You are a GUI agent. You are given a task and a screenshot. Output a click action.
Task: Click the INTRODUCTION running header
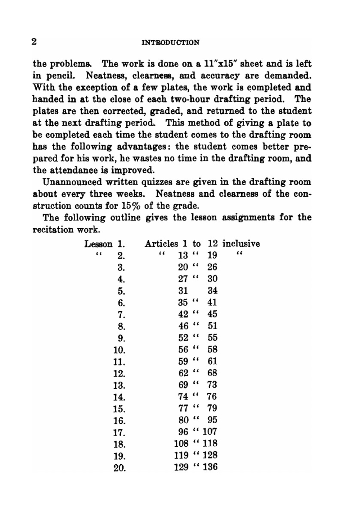tap(171, 42)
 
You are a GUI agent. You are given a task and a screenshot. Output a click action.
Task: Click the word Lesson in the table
tap(98, 244)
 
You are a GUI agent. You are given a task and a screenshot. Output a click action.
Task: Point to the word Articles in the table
tap(161, 244)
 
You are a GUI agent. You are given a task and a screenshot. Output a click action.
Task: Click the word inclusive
tap(241, 244)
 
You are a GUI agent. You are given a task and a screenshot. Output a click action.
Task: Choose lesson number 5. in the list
tap(121, 291)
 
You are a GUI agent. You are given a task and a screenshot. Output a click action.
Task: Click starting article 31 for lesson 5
tap(183, 291)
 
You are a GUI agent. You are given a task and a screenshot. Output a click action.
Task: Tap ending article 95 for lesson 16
tap(212, 420)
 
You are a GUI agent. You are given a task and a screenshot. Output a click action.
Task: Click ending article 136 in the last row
tap(210, 467)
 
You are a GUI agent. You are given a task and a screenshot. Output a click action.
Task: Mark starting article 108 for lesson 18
tap(181, 444)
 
